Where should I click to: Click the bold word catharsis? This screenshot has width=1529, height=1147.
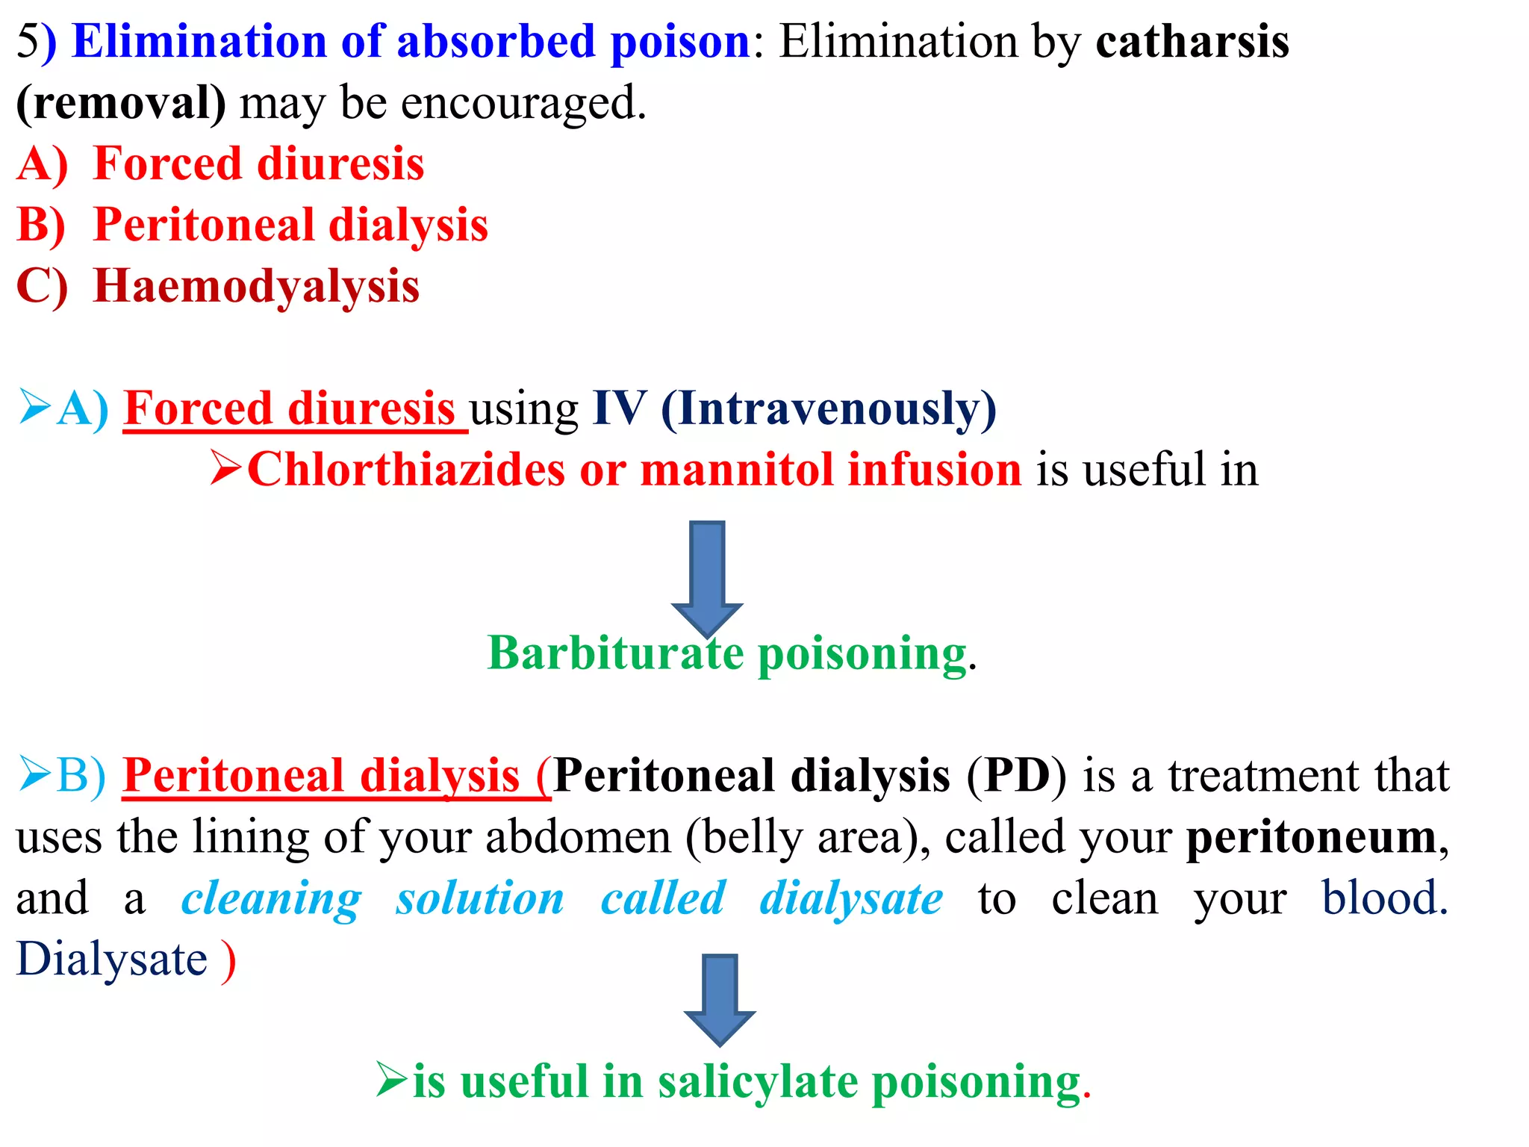pos(1192,42)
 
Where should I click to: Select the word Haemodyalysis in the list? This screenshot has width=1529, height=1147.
pos(256,287)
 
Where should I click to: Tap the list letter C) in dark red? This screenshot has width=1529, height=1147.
pos(42,287)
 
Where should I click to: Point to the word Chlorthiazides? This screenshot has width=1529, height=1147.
pos(405,470)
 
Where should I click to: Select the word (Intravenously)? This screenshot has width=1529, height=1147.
pos(829,409)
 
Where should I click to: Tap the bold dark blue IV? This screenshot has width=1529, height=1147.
pos(619,409)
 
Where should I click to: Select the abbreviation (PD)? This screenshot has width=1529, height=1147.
pos(1016,776)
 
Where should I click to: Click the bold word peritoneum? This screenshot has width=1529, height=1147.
pos(1312,837)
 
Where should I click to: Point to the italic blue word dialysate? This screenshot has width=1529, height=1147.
pos(851,898)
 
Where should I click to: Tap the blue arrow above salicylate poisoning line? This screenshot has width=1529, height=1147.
pos(720,998)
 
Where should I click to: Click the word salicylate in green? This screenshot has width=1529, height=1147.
pos(758,1082)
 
